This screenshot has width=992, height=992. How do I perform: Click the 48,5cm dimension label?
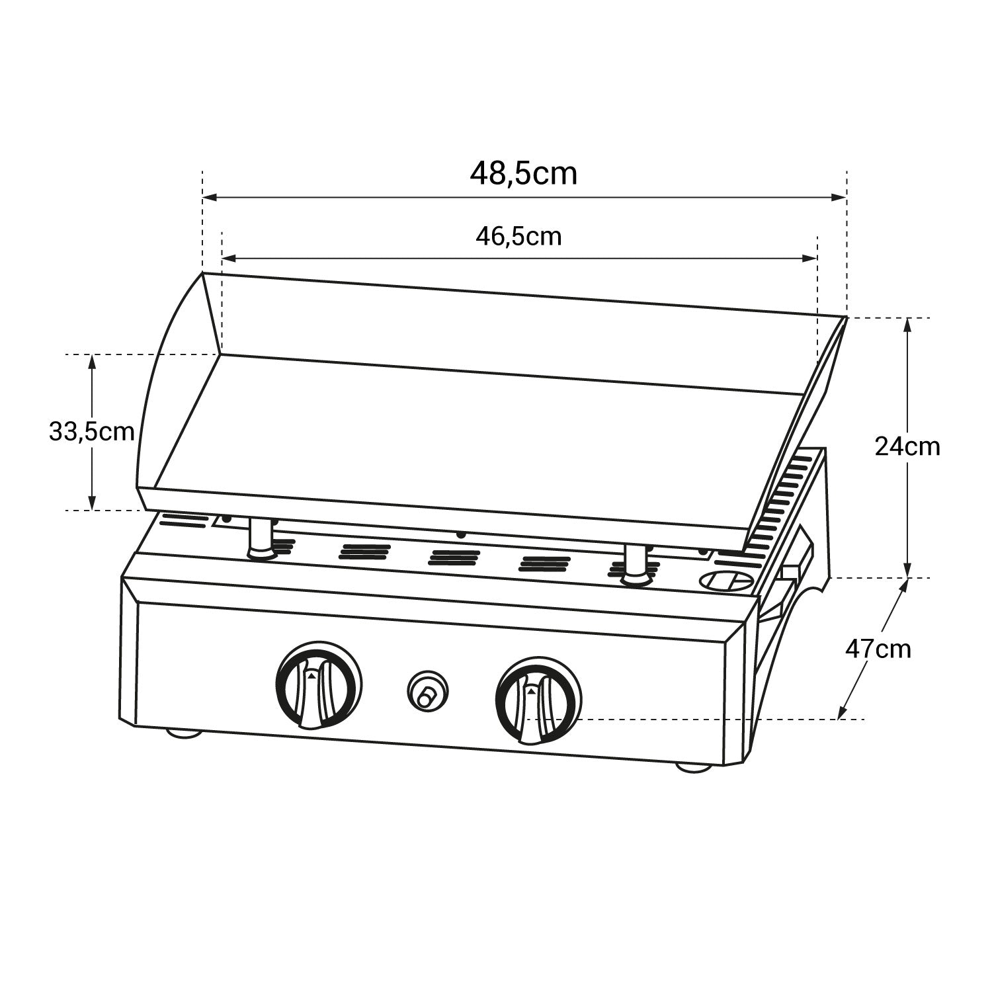[523, 174]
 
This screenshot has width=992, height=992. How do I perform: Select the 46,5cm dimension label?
[518, 236]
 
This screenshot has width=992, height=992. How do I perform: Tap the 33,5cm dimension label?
[91, 432]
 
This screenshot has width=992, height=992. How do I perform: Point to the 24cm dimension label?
[907, 447]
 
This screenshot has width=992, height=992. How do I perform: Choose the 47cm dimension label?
[878, 649]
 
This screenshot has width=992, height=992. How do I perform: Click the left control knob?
[318, 685]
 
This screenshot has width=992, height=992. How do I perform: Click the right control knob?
[538, 701]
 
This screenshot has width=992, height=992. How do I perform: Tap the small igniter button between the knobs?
[426, 692]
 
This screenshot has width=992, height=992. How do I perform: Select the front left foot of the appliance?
[185, 733]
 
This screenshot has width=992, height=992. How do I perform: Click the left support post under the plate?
[259, 538]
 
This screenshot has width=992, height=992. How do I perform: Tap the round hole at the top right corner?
[725, 581]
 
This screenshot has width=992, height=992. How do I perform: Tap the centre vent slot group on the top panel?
[454, 557]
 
